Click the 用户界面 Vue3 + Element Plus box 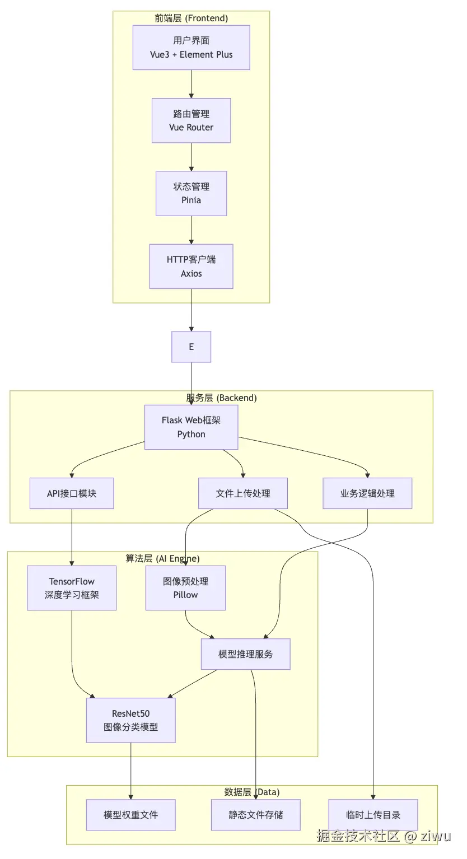tap(191, 48)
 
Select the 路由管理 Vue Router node tap(191, 120)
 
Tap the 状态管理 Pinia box tap(191, 193)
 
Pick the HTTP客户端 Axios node tap(191, 267)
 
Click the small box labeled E tap(191, 347)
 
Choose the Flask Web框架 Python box tap(191, 427)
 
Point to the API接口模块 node tap(72, 493)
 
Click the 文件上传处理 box tap(243, 493)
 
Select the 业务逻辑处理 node tap(367, 493)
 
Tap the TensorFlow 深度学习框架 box tap(72, 588)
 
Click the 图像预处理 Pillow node tap(185, 588)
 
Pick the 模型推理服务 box tap(245, 654)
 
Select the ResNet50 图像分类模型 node tap(130, 720)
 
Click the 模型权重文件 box tap(130, 815)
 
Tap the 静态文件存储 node tap(255, 815)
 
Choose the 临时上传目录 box tap(373, 815)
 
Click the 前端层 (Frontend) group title tap(192, 18)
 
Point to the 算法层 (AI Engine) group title tap(162, 558)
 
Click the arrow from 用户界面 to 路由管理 tap(192, 84)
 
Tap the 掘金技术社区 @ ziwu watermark tap(384, 837)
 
